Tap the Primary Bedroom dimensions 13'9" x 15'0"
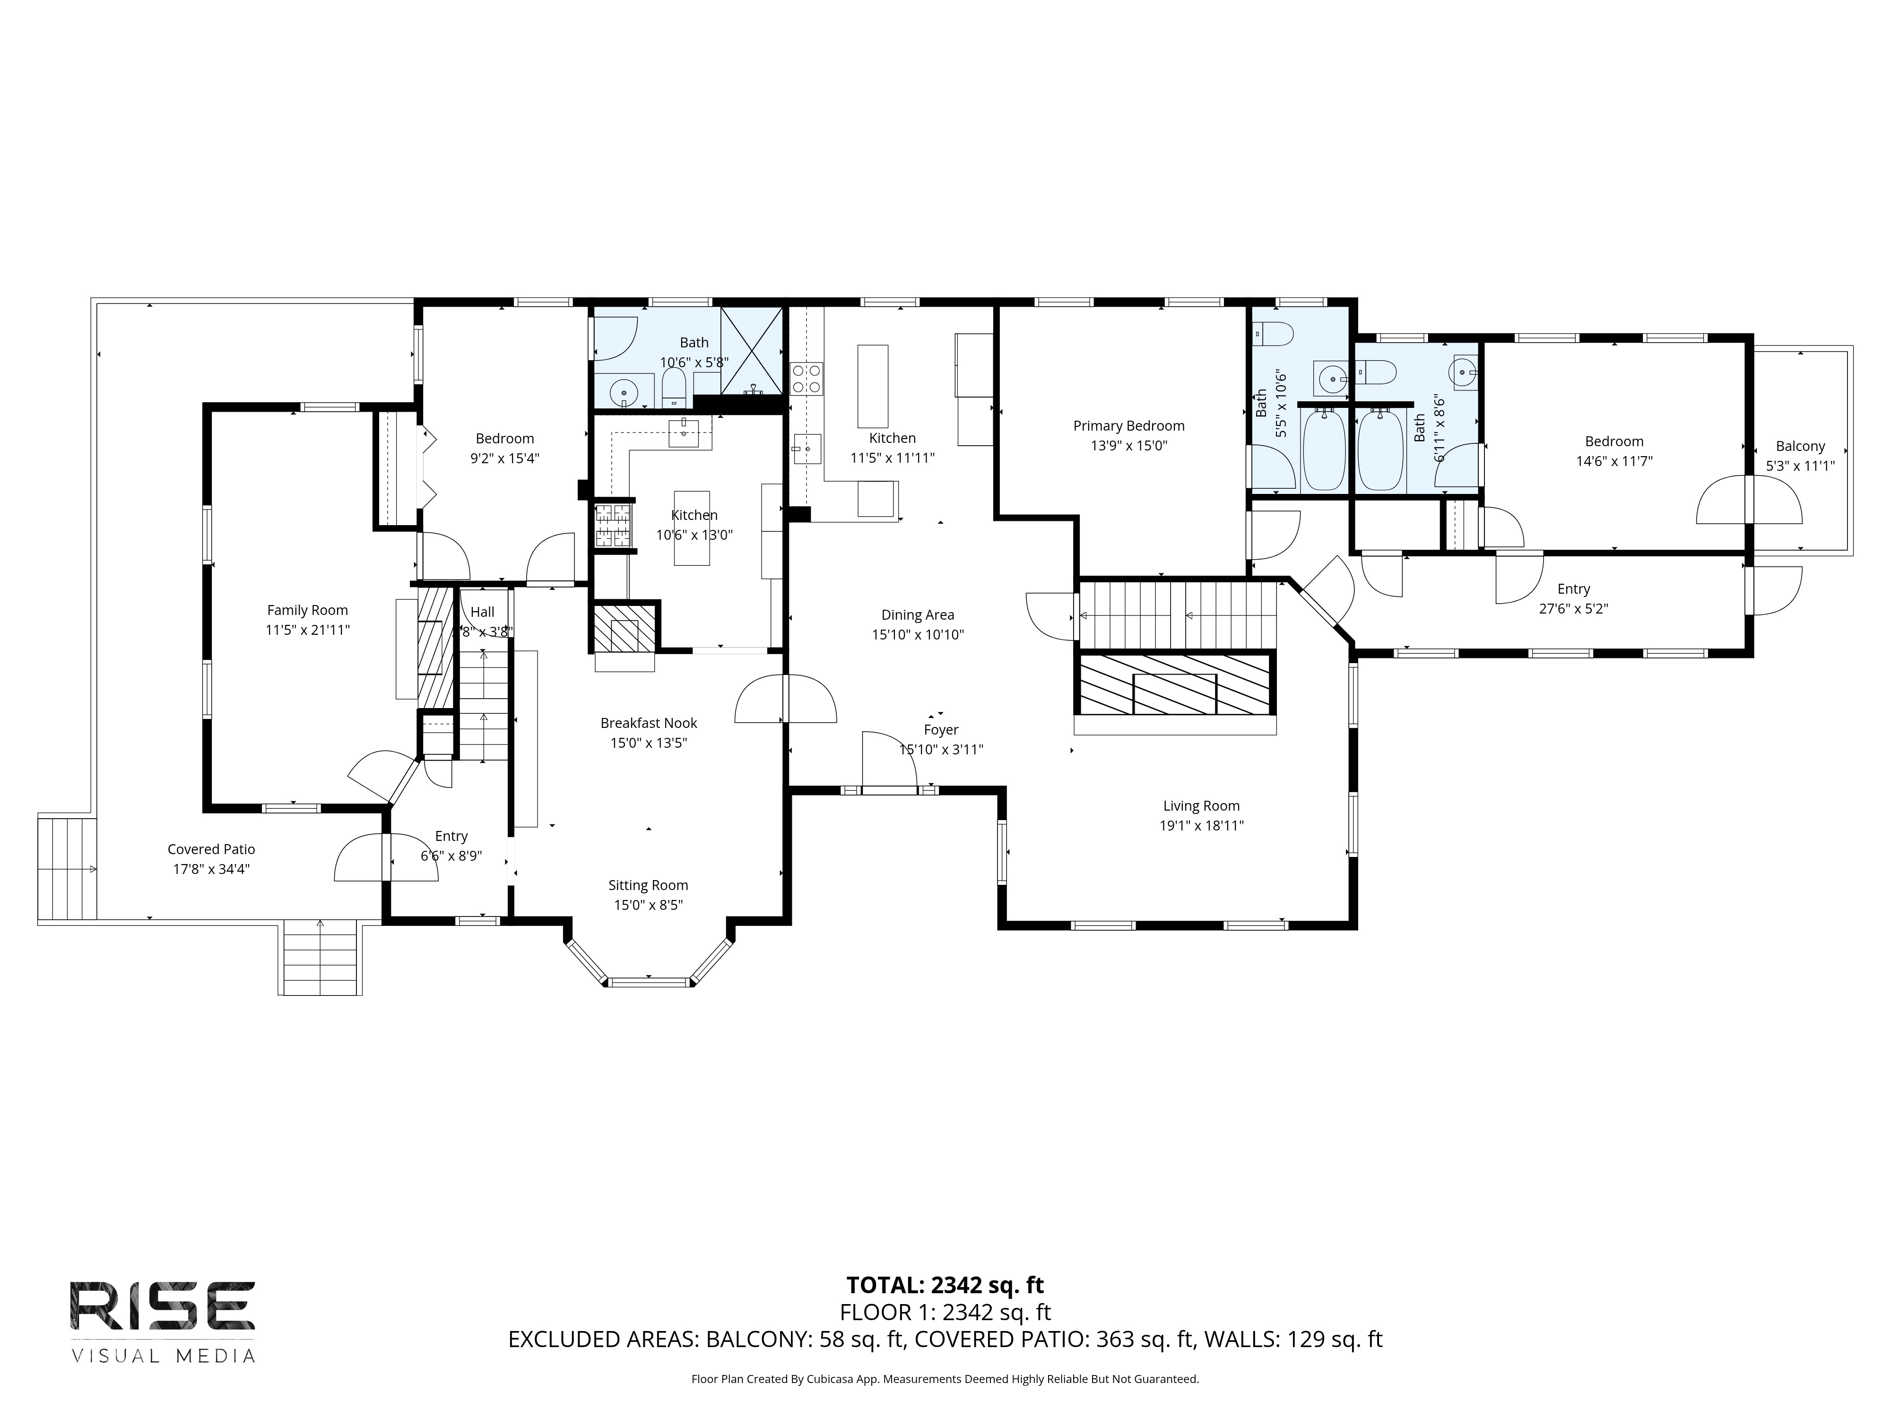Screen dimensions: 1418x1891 pos(1128,445)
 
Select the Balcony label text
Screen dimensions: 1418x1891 pos(1800,446)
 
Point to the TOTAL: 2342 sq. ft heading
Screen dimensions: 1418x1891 pos(945,1285)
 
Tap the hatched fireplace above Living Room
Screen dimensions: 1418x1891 pos(1175,684)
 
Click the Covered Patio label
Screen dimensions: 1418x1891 pos(211,849)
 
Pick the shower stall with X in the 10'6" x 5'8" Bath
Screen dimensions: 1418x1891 pos(752,350)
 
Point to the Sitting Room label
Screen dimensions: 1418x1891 pos(648,885)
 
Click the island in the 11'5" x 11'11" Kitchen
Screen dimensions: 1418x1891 pos(873,386)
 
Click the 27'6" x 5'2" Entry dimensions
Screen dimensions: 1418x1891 pos(1573,609)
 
